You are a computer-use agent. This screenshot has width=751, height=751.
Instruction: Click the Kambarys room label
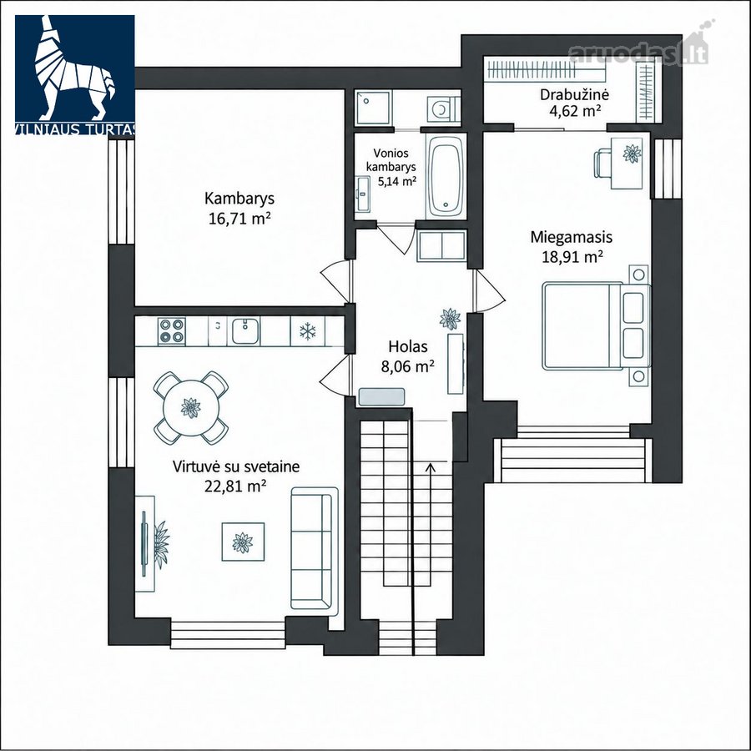point(239,198)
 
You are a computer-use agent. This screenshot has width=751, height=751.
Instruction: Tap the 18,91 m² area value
point(572,257)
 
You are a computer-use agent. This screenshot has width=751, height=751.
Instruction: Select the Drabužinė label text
point(574,94)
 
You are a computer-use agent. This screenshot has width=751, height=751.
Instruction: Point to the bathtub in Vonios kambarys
point(446,176)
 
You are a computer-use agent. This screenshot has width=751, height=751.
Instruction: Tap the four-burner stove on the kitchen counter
point(171,330)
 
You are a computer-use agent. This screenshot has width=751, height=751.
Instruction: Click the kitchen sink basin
point(245,331)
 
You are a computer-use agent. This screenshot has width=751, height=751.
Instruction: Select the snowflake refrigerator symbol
point(307,331)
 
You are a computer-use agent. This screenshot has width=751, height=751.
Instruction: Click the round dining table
point(190,408)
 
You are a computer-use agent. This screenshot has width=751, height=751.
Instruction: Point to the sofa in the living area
point(315,548)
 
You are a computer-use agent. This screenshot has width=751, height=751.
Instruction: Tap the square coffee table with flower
point(243,542)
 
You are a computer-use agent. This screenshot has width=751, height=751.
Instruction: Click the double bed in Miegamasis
point(597,325)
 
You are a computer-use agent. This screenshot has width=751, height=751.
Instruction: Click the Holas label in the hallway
point(408,346)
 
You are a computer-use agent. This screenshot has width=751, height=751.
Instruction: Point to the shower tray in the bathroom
point(373,108)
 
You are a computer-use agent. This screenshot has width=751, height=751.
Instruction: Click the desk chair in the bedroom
point(602,163)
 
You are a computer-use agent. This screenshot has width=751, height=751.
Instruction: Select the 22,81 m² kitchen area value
point(235,486)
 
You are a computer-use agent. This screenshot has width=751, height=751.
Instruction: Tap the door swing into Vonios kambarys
point(397,238)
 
